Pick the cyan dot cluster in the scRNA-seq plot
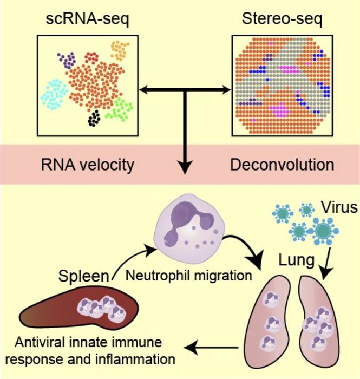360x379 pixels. click(x=55, y=93)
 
